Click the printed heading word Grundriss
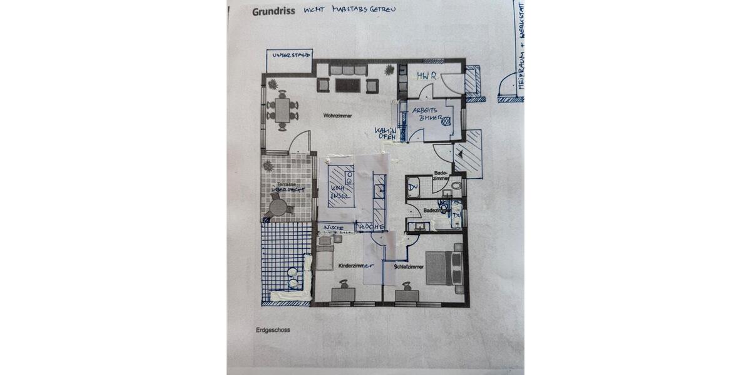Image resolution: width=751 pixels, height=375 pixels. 273,11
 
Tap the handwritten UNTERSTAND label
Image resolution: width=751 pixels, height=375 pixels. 290,56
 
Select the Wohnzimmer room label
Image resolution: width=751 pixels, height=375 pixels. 337,116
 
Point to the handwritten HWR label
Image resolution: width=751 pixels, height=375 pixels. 426,76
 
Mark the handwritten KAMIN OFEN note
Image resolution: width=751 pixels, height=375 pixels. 386,133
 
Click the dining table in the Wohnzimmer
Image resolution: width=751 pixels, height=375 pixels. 282,111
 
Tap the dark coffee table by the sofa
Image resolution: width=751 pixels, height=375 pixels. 347,85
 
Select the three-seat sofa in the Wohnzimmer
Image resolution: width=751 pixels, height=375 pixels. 348,69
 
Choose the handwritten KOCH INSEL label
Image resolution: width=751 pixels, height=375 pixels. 339,191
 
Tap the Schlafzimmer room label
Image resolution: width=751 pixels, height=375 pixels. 409,267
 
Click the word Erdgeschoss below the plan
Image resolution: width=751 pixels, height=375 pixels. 272,329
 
